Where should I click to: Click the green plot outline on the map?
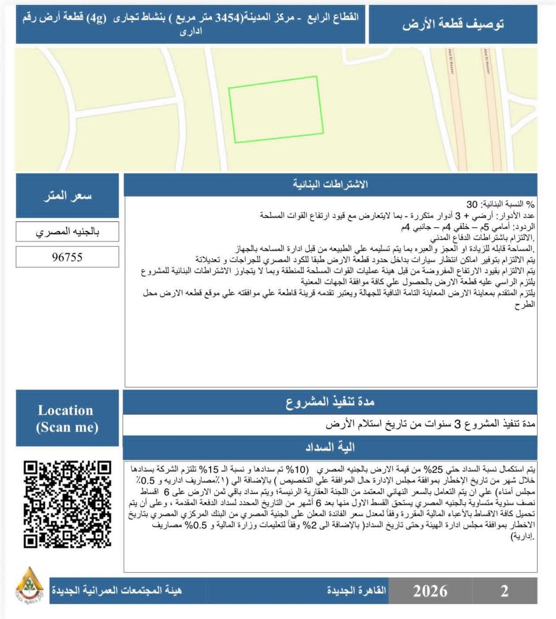(277, 109)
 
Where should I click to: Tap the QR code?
(68, 504)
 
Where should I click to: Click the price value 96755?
(67, 257)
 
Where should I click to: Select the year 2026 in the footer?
(430, 591)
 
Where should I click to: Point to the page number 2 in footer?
(504, 591)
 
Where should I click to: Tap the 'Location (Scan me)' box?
(67, 418)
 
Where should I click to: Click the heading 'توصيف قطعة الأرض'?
(453, 24)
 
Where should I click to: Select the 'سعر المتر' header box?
(67, 196)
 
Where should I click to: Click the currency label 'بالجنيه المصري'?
(67, 231)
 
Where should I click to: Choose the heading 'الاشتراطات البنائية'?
(330, 185)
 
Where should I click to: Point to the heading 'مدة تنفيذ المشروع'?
(330, 402)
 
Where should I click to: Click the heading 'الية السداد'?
(330, 447)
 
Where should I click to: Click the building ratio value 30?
(472, 204)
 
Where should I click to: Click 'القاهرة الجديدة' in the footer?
(356, 591)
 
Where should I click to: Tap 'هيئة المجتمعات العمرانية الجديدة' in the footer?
(116, 591)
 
